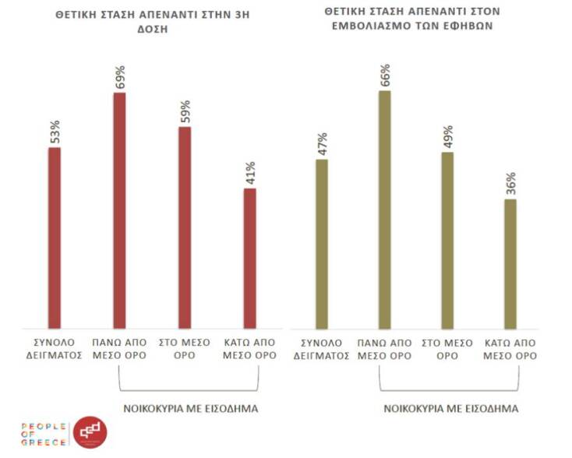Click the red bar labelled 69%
tap(119, 210)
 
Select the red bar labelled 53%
tap(55, 238)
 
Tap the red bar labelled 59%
tap(185, 227)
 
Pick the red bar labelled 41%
tap(249, 259)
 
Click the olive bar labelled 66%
tap(384, 210)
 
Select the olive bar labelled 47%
tap(322, 244)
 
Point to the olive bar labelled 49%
tap(447, 240)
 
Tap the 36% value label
tap(510, 185)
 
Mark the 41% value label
tap(250, 174)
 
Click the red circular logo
tap(89, 433)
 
